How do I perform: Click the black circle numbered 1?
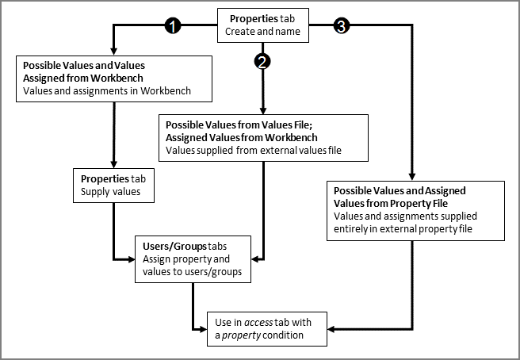pyautogui.click(x=173, y=26)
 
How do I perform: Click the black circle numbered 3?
pyautogui.click(x=341, y=26)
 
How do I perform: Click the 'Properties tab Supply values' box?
pyautogui.click(x=114, y=184)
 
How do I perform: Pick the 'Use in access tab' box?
pyautogui.click(x=267, y=328)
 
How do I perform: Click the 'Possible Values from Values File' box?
pyautogui.click(x=263, y=136)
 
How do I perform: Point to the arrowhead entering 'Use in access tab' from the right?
pyautogui.click(x=333, y=328)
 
